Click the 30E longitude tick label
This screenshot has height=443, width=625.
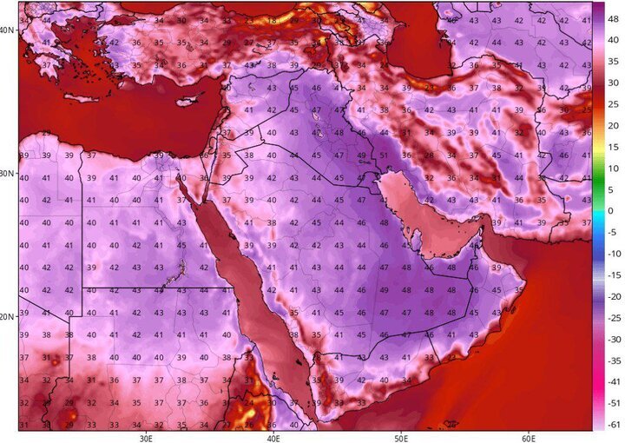coord(145,437)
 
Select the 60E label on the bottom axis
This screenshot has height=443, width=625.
coord(529,437)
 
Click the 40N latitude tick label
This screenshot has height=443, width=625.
coord(8,30)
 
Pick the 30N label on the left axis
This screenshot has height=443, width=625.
coord(8,174)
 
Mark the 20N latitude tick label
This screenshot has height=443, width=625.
coord(8,317)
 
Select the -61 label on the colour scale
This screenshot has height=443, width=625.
coord(612,425)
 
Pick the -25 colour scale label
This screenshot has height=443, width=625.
coord(612,318)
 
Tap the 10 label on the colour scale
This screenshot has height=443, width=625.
coord(611,169)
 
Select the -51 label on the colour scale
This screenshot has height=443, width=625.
coord(612,403)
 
